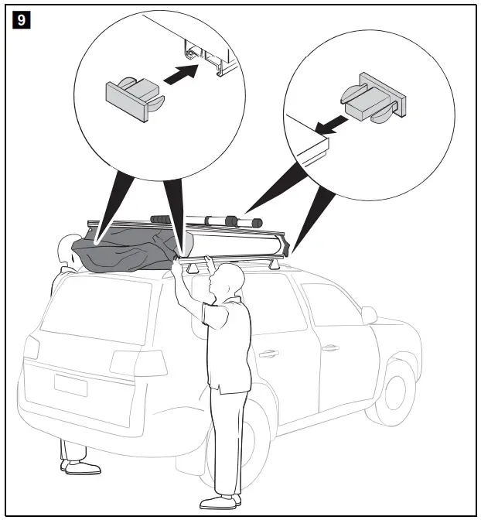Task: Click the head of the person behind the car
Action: [67, 249]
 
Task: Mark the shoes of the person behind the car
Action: [80, 467]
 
